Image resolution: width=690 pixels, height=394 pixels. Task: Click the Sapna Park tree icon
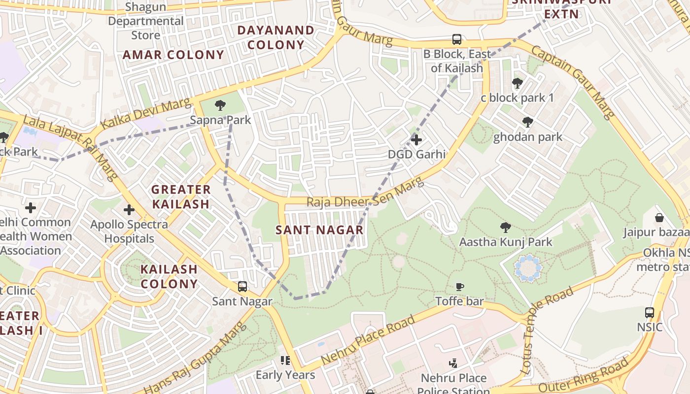point(220,105)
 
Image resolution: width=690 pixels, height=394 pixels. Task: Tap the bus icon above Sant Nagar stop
point(242,286)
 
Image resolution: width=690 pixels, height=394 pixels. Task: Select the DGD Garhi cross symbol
point(416,140)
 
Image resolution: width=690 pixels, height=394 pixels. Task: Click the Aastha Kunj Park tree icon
point(505,227)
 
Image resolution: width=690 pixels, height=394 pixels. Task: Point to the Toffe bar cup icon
point(459,286)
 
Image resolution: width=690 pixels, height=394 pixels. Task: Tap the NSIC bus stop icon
point(650,312)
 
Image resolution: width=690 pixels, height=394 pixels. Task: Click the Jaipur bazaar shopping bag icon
point(659,217)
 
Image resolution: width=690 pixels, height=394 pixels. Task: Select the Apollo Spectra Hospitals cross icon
point(129,210)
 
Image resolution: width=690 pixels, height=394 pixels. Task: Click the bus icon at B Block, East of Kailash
point(457,39)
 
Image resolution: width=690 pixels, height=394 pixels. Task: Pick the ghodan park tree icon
point(528,122)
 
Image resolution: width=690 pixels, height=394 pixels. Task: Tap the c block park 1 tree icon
point(517,83)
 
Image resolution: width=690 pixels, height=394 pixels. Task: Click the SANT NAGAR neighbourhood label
point(319,230)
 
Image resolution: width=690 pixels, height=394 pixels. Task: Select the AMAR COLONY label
point(173,55)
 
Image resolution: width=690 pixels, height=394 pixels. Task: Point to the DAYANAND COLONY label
point(276,37)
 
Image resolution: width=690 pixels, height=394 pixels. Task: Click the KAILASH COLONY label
point(169,276)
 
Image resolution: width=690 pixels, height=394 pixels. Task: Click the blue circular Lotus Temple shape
point(528,268)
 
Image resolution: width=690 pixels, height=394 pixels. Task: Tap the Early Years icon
point(285,361)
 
